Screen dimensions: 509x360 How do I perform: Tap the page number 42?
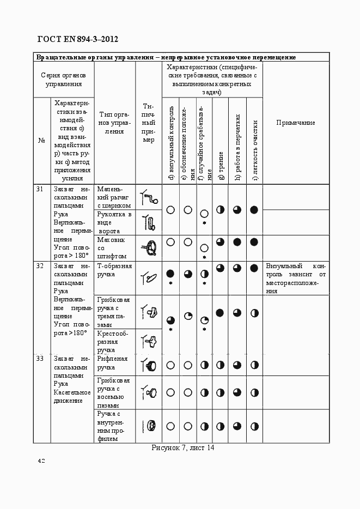pyautogui.click(x=41, y=461)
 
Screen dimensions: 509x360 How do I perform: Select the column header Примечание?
pyautogui.click(x=296, y=123)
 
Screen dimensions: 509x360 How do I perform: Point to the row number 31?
pyautogui.click(x=40, y=189)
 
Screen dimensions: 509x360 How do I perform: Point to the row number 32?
pyautogui.click(x=40, y=266)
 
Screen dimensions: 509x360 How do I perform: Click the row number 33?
pyautogui.click(x=40, y=359)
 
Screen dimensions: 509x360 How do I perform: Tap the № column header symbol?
pyautogui.click(x=41, y=141)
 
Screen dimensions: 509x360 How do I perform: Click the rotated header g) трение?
pyautogui.click(x=221, y=165)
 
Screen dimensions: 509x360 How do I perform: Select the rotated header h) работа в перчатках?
pyautogui.click(x=237, y=147)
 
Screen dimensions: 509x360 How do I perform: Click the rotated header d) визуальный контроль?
pyautogui.click(x=170, y=143)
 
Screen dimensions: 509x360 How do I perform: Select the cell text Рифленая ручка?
pyautogui.click(x=112, y=363)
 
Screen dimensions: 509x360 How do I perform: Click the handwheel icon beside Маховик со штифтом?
pyautogui.click(x=149, y=248)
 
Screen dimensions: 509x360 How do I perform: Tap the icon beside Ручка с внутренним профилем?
pyautogui.click(x=149, y=426)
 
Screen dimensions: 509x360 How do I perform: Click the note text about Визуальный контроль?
pyautogui.click(x=296, y=278)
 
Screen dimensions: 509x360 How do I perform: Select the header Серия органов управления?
pyautogui.click(x=64, y=79)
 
